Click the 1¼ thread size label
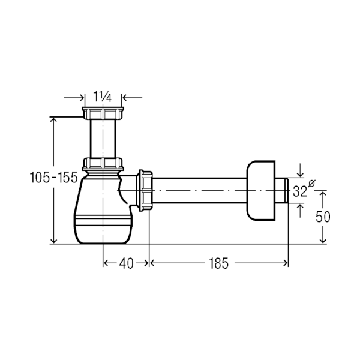(x=103, y=97)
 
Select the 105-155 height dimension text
(x=54, y=178)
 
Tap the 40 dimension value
(x=126, y=263)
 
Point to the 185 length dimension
(x=218, y=263)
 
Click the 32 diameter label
(x=300, y=191)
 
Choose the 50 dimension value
(x=323, y=217)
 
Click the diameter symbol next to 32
(x=312, y=183)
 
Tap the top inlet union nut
(x=103, y=113)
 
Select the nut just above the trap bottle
(x=103, y=164)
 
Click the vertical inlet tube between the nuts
(x=103, y=139)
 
